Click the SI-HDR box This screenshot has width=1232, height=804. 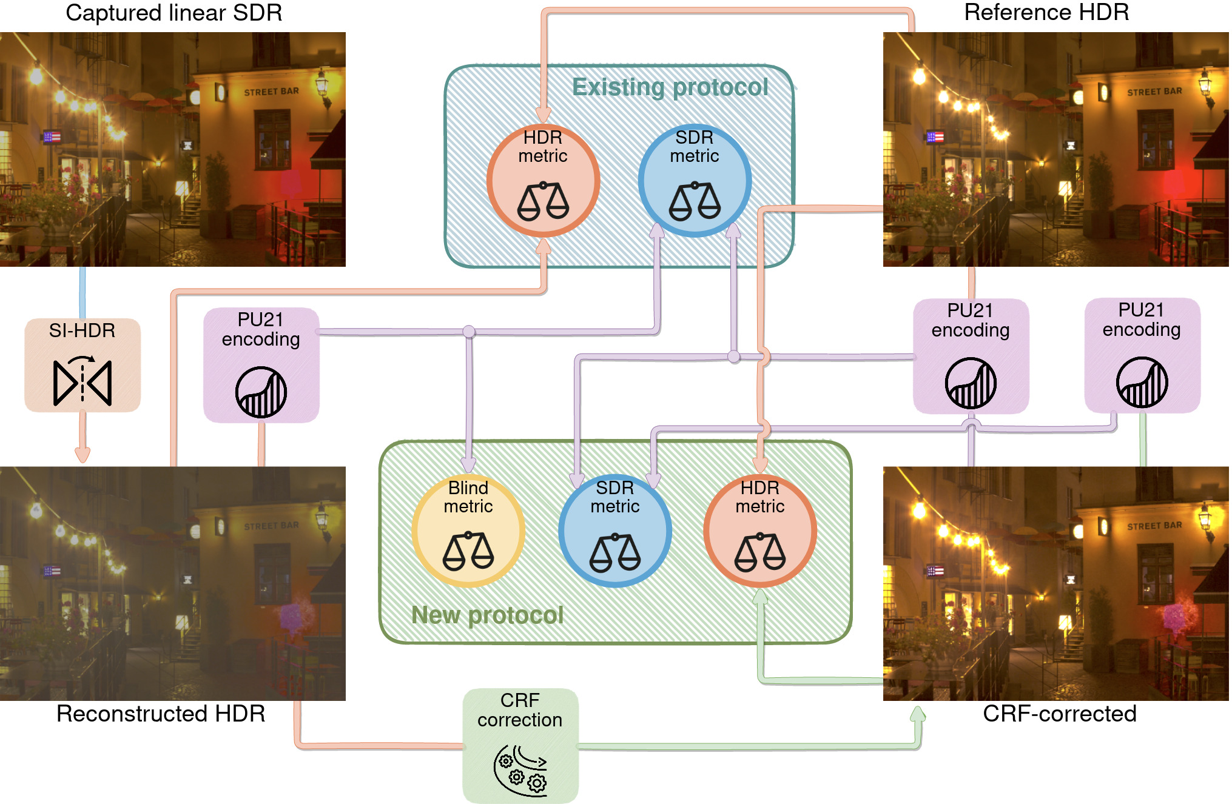[x=82, y=365]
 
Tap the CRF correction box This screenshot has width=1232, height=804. [x=520, y=745]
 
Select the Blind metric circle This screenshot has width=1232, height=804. [x=468, y=531]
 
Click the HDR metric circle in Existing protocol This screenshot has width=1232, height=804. [x=543, y=180]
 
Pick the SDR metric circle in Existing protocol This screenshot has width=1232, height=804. [x=695, y=180]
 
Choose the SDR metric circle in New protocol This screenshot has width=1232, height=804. [x=615, y=531]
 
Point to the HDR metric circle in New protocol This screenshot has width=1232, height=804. [x=760, y=531]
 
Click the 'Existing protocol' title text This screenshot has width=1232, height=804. [x=670, y=87]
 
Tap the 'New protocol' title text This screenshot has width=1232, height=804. [x=487, y=615]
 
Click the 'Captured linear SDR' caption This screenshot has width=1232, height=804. [x=173, y=13]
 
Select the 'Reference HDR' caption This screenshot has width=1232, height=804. [x=1046, y=12]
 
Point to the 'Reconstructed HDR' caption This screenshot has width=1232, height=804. [x=161, y=714]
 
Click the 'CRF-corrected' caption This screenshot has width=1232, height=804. [x=1059, y=714]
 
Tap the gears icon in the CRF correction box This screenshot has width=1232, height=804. [x=520, y=769]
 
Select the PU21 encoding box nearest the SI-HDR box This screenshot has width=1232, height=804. [x=261, y=365]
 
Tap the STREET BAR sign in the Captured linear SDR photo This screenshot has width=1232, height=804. [x=271, y=92]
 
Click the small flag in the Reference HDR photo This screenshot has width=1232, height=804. [x=935, y=137]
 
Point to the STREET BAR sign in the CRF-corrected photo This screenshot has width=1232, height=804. [x=1154, y=526]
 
